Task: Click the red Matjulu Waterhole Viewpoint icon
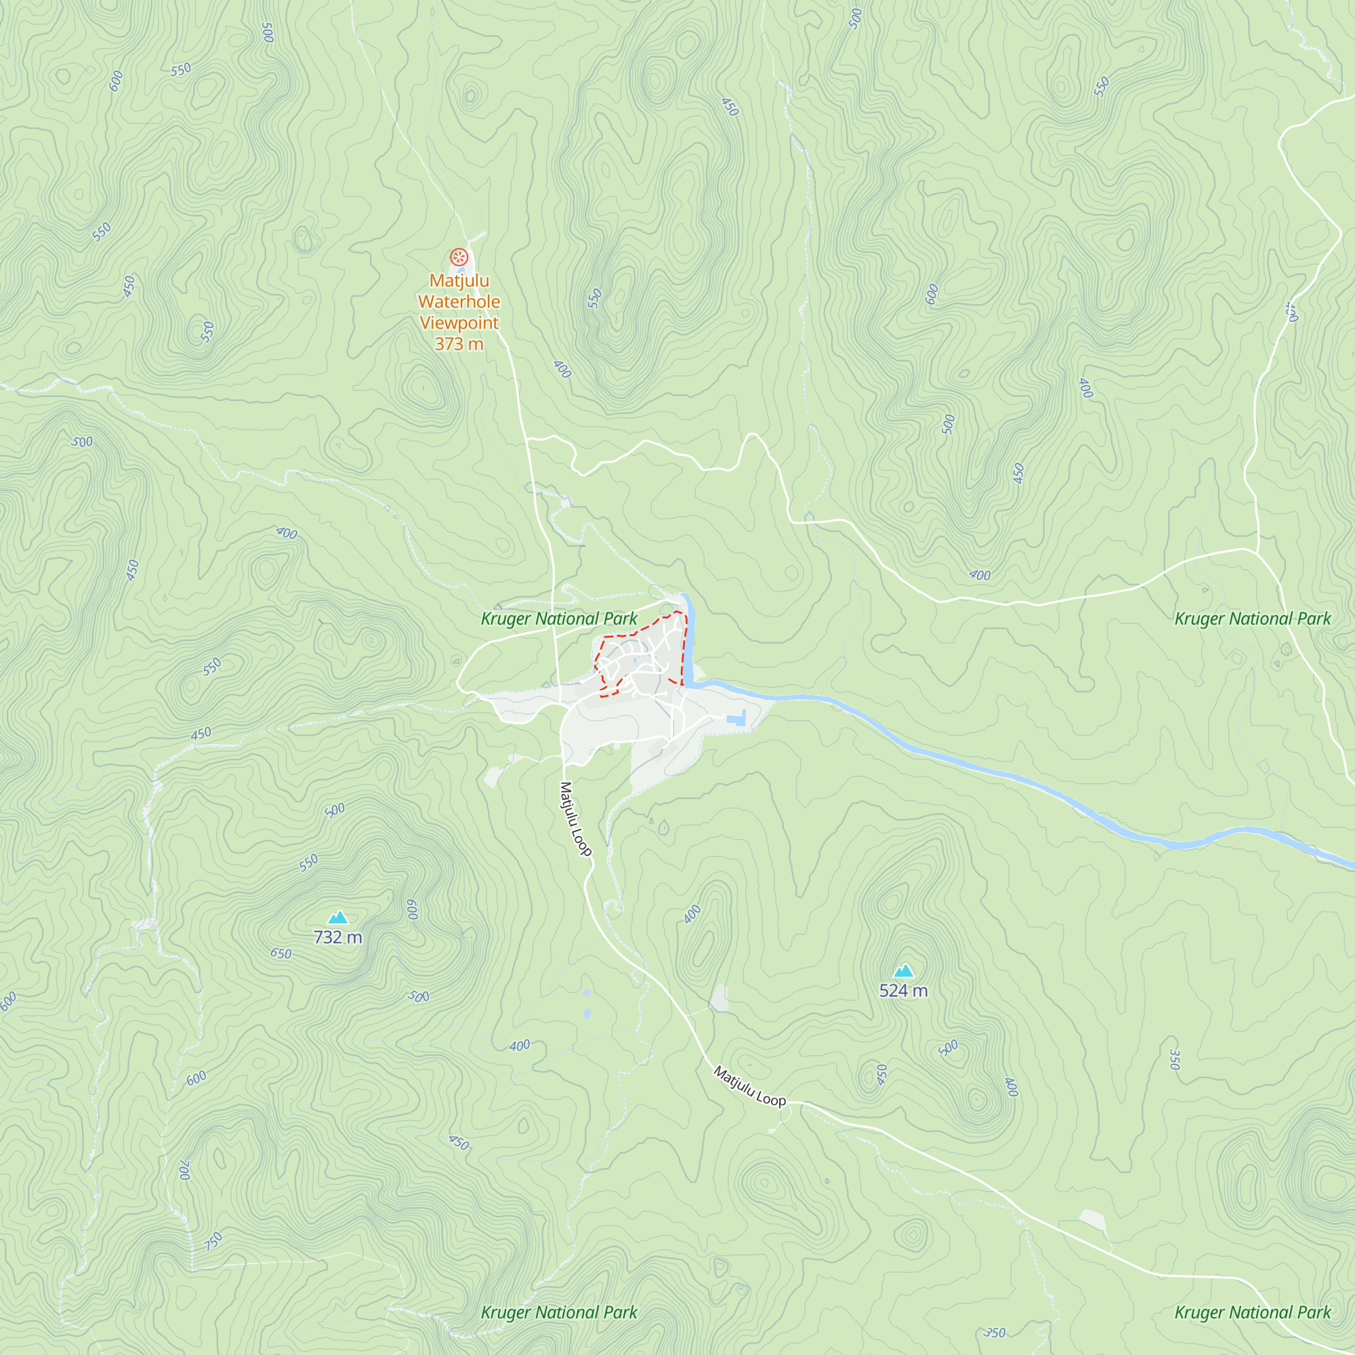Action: point(459,257)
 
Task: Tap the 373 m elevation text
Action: point(459,343)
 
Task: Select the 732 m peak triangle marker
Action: point(338,917)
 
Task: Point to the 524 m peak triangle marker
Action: point(903,971)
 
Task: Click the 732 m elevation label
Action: point(338,937)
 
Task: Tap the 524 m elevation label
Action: point(903,991)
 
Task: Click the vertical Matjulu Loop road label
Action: point(575,818)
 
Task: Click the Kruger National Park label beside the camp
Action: point(559,619)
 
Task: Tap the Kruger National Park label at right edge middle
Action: point(1253,619)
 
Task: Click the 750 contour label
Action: point(213,1241)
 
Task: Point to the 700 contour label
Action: point(184,1171)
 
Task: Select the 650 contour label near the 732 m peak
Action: point(280,953)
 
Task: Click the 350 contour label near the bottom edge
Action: point(994,1333)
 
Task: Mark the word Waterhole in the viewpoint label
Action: point(459,301)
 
